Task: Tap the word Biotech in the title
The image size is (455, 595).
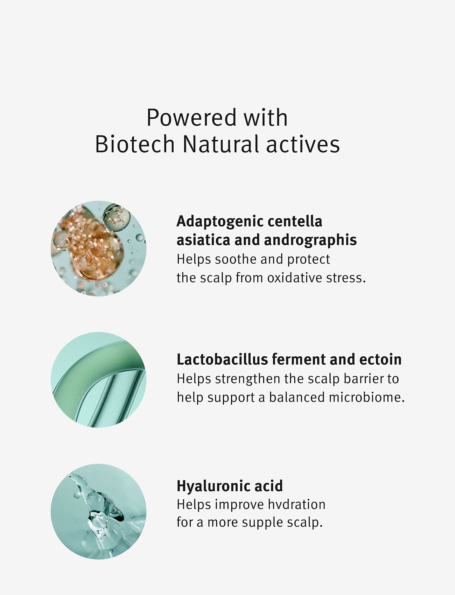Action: [x=135, y=144]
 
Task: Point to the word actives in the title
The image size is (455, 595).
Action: [x=303, y=145]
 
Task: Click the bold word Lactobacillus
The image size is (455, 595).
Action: [x=222, y=359]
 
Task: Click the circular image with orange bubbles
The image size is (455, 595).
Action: [x=98, y=248]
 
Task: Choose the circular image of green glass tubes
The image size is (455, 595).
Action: [x=98, y=380]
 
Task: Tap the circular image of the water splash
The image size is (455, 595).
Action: [x=98, y=511]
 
